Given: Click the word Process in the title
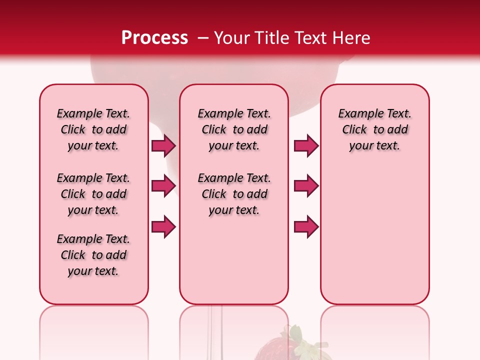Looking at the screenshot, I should click(154, 38).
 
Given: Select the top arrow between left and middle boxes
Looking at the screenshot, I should click(163, 146).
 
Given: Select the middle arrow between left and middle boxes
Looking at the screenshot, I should click(163, 186).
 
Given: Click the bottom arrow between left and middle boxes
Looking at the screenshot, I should click(163, 227).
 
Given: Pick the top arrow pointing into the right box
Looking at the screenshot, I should click(306, 146).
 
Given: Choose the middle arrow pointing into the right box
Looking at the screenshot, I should click(306, 186).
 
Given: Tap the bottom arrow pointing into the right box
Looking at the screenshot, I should click(306, 227).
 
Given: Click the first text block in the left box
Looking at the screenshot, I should click(93, 129).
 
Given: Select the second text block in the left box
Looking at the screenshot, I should click(93, 194).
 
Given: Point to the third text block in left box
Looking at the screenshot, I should click(93, 255).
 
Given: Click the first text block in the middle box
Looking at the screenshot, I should click(234, 129).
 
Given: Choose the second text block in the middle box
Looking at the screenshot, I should click(234, 194).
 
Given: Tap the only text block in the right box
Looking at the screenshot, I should click(375, 129).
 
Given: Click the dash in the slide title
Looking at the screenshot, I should click(203, 38).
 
